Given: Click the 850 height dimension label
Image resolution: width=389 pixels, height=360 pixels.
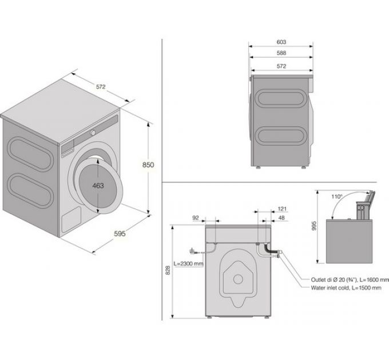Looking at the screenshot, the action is [148, 165].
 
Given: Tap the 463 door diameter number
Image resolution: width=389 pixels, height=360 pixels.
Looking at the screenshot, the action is [98, 186].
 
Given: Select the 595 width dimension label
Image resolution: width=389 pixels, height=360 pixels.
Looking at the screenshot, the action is [120, 234].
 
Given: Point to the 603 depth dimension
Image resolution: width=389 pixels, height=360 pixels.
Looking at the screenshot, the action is [281, 42].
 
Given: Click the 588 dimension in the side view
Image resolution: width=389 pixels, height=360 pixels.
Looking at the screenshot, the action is [281, 53].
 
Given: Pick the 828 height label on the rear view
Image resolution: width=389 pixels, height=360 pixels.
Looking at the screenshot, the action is [168, 270].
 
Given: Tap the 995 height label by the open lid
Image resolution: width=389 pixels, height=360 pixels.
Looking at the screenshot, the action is [314, 226].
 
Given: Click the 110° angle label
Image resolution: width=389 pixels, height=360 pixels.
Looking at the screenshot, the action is [337, 197].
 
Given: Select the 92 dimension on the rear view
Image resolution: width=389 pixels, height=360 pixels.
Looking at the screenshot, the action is [196, 218].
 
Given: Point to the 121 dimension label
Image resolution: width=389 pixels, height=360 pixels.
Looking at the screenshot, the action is [283, 209].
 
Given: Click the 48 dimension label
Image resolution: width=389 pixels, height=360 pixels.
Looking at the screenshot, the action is [281, 218].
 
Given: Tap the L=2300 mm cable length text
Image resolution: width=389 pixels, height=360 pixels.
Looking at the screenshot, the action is [189, 263].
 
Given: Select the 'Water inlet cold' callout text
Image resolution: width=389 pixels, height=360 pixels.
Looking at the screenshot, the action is [331, 288].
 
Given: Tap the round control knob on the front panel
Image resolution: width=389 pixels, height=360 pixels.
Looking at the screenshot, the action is [93, 133].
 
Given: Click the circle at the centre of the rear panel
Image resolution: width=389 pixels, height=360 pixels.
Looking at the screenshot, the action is [238, 279].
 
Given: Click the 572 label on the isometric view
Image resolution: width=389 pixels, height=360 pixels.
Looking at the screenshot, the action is [101, 87].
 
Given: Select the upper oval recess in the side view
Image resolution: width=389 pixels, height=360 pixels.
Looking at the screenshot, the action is [281, 98].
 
